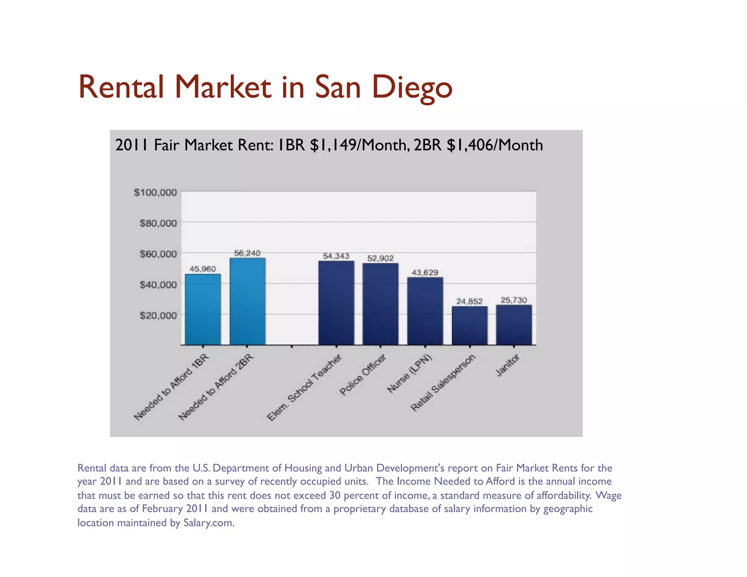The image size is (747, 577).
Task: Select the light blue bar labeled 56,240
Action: pos(247,301)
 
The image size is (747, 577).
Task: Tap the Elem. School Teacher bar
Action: pos(336,303)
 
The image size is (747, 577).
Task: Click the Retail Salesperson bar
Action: pos(469,325)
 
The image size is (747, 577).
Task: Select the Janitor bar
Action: pos(514,325)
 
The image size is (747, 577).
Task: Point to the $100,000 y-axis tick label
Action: pos(155,192)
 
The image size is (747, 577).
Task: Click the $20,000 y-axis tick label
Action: pos(158,315)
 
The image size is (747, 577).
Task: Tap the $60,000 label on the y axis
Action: pos(158,254)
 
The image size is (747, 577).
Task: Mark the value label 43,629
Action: pos(425,272)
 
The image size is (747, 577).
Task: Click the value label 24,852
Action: pos(469,301)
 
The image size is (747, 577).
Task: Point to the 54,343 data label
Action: pos(336,256)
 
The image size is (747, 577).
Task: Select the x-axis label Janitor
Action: pos(507,365)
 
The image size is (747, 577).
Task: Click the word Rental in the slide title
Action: pos(121,88)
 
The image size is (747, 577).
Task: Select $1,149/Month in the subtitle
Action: pos(358,145)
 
